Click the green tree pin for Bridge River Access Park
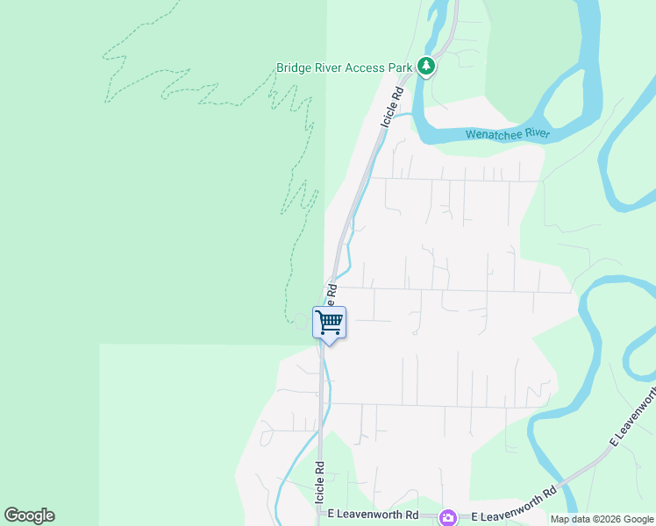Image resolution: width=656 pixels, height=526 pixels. coord(426,66)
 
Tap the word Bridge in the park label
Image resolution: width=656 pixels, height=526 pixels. coord(296,68)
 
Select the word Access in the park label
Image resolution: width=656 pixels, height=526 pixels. coord(368,68)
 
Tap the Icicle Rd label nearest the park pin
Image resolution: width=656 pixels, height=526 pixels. coord(392,108)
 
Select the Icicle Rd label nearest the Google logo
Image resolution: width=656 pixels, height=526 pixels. coord(320,484)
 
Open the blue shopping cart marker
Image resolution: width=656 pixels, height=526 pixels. coord(329,323)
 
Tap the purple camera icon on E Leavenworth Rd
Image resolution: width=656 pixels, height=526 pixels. coord(448,517)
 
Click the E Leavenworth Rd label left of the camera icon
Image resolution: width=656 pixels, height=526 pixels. coord(375,516)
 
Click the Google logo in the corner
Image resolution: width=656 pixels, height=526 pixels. coord(29,515)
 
